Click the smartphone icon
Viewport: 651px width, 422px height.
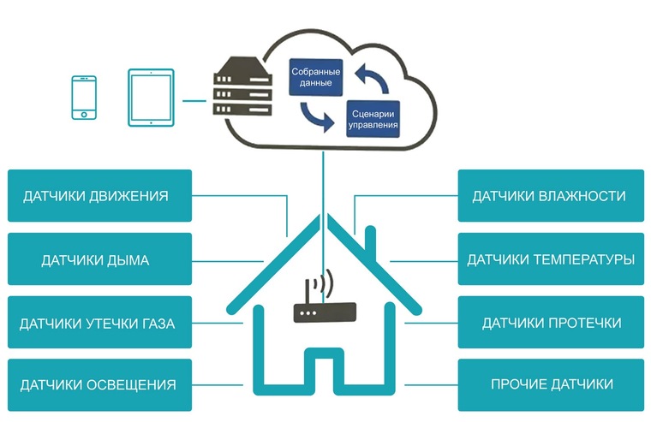point(83,97)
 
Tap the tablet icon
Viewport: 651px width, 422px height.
point(152,97)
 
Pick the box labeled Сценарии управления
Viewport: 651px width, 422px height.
point(373,119)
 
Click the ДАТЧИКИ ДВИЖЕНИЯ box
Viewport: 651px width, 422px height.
point(99,196)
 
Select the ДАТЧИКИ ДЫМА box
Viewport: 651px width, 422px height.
point(99,259)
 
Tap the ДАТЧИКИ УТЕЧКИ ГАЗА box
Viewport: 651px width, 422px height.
point(99,323)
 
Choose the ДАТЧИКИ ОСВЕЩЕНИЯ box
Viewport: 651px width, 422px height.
point(99,385)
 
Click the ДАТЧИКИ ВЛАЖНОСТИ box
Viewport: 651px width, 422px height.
point(549,196)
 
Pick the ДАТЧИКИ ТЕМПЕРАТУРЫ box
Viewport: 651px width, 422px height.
point(549,259)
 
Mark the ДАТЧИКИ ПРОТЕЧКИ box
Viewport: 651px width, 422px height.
point(549,323)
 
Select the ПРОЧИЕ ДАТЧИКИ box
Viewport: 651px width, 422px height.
point(549,385)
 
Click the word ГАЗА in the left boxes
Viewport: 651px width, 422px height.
point(157,324)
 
